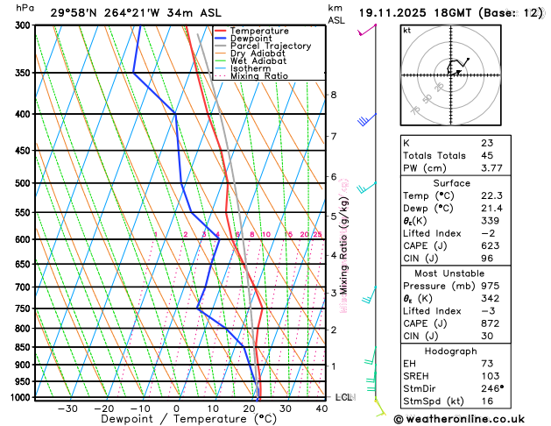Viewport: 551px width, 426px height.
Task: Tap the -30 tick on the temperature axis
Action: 67,408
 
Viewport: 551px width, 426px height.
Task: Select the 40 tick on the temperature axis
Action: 321,408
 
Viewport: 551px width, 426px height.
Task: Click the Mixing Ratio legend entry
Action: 258,75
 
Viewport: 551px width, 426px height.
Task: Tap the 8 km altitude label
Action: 333,95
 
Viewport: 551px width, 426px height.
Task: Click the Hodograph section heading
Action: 470,351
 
